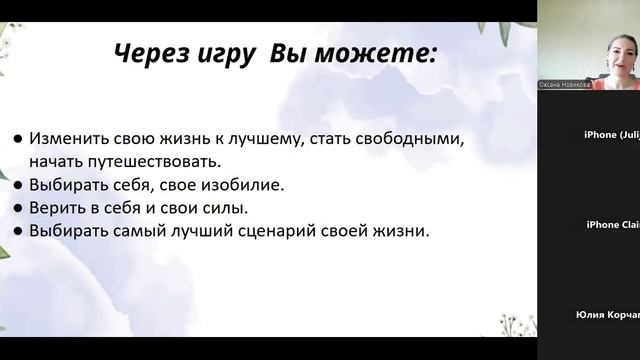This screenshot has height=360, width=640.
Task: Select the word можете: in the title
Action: point(385,54)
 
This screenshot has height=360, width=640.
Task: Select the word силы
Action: point(226,208)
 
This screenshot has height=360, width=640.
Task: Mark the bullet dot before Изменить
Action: point(18,138)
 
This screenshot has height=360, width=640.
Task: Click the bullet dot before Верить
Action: point(18,209)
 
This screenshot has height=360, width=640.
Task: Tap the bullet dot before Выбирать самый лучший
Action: point(18,232)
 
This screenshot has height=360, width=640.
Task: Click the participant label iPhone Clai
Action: point(612,225)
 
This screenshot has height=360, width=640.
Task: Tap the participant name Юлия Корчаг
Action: point(608,314)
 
